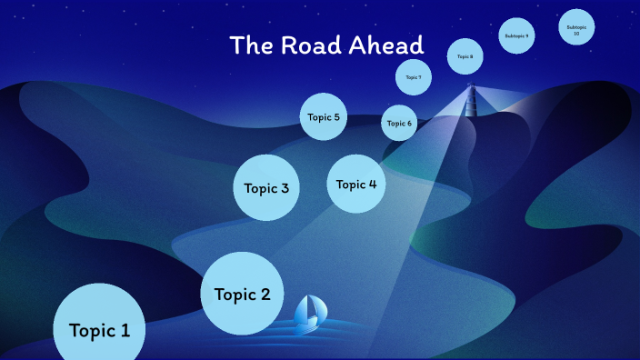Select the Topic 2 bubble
(x=242, y=294)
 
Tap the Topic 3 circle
(x=266, y=188)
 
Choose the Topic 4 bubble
(x=356, y=184)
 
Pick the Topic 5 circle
(x=324, y=116)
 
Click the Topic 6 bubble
(x=399, y=123)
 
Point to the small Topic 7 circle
(x=413, y=77)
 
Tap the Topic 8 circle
(x=465, y=56)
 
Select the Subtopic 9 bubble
(x=515, y=35)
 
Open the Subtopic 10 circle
(x=576, y=28)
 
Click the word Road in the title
(x=312, y=45)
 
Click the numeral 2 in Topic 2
(x=265, y=294)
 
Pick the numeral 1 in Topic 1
(x=125, y=330)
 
